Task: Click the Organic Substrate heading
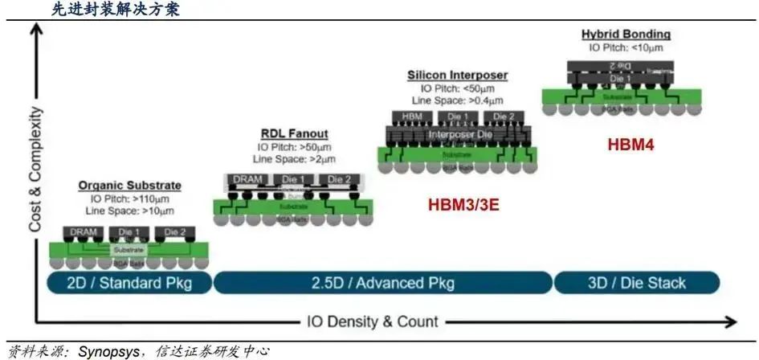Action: coord(129,186)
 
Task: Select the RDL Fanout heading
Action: coord(294,133)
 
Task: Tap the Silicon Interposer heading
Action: coord(457,75)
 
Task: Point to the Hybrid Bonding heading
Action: coord(626,35)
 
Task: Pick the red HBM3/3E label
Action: coord(463,204)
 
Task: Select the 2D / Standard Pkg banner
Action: coord(129,283)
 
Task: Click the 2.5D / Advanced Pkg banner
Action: coord(383,283)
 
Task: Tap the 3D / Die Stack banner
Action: coord(635,283)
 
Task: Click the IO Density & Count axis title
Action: coord(373,322)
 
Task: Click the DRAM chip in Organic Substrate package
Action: coord(84,232)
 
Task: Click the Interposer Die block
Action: coord(456,134)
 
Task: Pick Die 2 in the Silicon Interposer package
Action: coord(504,117)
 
